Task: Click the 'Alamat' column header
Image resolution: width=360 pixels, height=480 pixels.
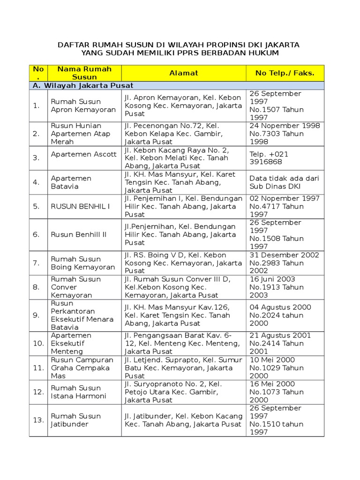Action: [184, 73]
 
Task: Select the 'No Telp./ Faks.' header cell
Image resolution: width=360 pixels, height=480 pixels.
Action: [285, 73]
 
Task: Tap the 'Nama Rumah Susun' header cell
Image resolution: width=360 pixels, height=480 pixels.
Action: [84, 73]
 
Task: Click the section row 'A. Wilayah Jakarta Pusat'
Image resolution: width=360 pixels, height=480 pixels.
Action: [82, 85]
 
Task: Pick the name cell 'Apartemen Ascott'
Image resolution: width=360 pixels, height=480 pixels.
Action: [83, 154]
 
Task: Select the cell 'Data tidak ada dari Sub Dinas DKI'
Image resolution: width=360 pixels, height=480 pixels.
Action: [284, 182]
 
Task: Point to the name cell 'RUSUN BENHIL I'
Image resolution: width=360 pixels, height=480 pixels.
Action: [74, 206]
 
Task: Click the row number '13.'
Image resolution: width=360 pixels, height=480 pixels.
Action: [38, 420]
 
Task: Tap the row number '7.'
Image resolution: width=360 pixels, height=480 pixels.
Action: [36, 263]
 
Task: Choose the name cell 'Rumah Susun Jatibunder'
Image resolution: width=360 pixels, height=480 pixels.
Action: [76, 420]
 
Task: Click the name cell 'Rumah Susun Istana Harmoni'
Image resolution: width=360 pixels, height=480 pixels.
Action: [78, 392]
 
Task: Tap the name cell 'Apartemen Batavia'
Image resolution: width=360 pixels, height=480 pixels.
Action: [71, 182]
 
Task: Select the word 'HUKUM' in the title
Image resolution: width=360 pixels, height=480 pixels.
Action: [264, 53]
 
